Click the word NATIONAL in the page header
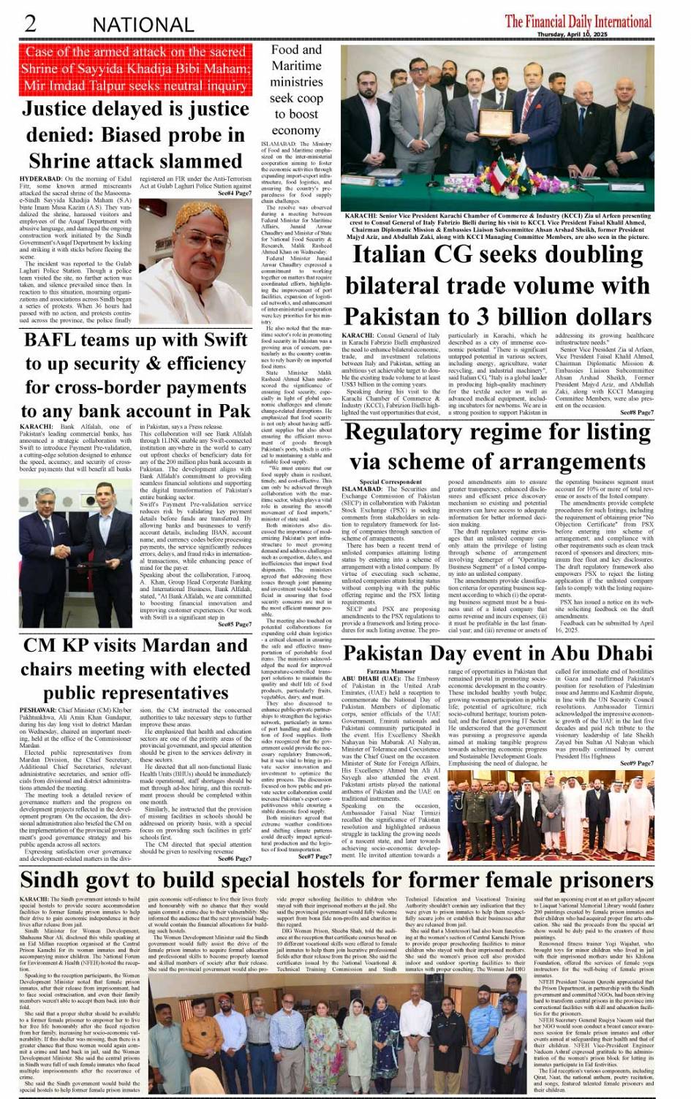click(x=143, y=25)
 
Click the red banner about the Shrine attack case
click(x=135, y=69)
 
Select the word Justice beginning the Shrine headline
click(x=64, y=110)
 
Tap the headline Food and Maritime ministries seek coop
click(x=296, y=89)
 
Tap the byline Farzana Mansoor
click(x=390, y=671)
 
